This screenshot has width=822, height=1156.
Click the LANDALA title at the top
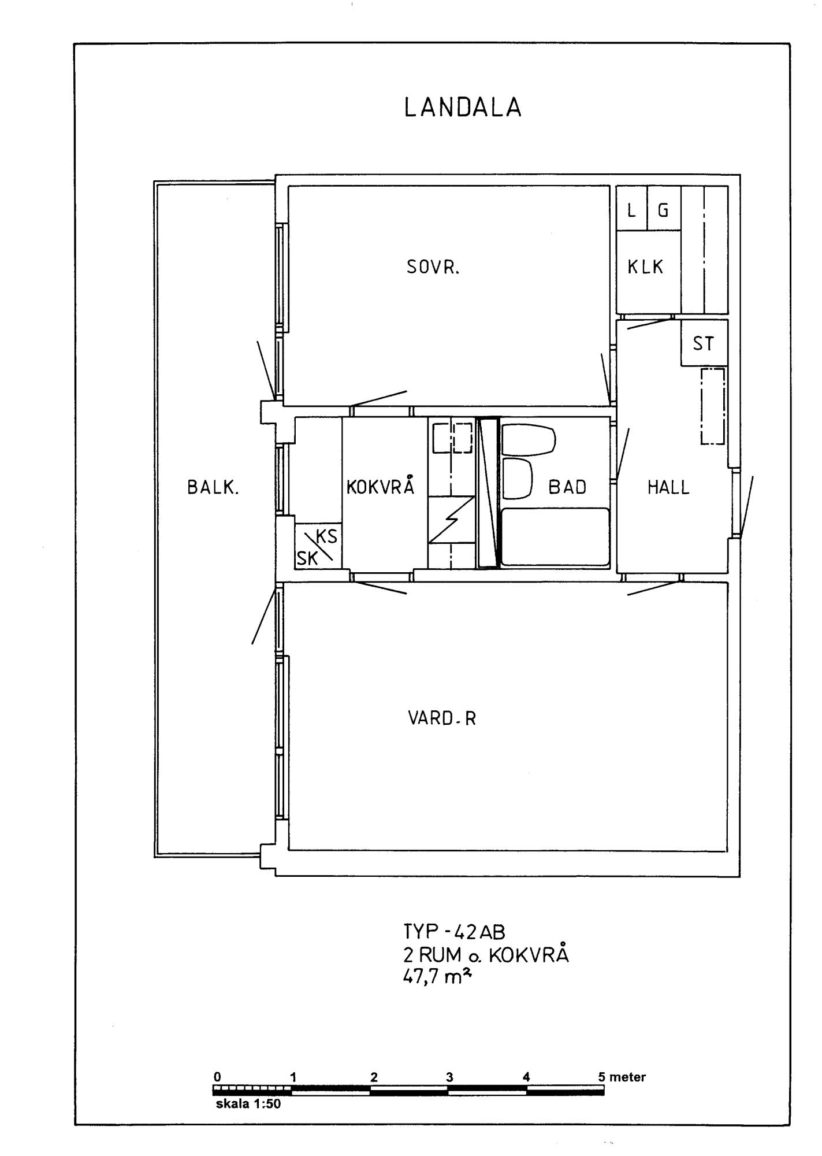463,108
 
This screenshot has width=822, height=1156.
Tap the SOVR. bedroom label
433,268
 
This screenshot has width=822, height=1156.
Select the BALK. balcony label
213,487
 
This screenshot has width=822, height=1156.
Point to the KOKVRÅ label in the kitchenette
381,485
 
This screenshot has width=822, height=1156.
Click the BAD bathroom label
567,487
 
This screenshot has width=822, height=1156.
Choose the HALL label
668,487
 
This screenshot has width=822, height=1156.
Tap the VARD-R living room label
442,718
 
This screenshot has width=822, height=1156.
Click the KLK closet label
646,267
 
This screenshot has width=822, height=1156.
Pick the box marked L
631,208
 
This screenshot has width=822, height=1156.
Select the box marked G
664,208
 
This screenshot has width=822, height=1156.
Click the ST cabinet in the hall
704,342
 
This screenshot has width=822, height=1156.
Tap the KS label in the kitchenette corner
327,536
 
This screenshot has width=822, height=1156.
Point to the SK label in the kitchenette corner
307,558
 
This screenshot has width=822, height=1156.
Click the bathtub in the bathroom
555,536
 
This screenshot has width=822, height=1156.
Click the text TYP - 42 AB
454,932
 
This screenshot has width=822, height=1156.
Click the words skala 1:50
248,1103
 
